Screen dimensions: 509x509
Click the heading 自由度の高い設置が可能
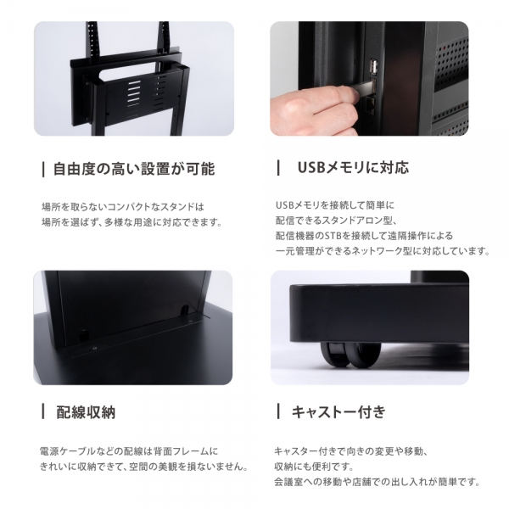tap(134, 169)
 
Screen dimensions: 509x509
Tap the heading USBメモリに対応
tap(353, 167)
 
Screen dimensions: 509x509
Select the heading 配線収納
tap(86, 412)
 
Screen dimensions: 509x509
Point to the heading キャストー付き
tap(338, 411)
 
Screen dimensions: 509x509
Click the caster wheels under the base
tap(350, 355)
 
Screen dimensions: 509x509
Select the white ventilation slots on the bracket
tap(134, 92)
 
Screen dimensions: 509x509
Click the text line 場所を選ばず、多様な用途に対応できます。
tap(132, 222)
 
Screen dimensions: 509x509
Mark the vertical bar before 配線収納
tap(43, 411)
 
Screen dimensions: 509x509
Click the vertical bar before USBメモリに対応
tap(278, 167)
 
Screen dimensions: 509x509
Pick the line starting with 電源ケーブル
tap(129, 451)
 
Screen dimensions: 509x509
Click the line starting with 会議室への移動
tap(378, 482)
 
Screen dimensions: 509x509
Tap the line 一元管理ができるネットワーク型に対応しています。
tap(383, 251)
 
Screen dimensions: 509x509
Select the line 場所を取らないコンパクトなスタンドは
tap(123, 207)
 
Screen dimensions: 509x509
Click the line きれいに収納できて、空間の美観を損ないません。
tap(144, 467)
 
